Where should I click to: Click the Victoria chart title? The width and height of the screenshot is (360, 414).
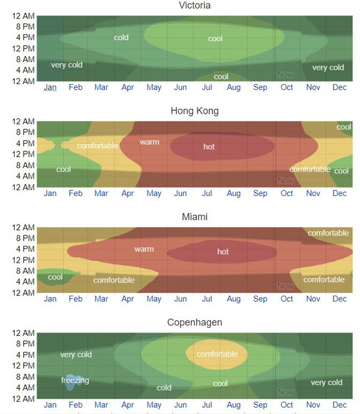(x=194, y=5)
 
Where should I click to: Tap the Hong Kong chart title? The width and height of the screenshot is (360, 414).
(x=194, y=111)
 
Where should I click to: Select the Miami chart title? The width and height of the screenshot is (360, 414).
(x=194, y=217)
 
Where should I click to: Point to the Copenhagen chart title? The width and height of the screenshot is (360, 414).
(x=194, y=322)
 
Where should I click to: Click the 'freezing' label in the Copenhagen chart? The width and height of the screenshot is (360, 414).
(x=75, y=380)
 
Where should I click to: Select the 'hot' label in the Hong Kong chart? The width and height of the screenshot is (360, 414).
(x=208, y=147)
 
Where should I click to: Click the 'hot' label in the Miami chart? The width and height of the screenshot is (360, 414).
(x=223, y=252)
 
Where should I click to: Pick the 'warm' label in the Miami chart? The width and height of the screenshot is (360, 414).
(x=144, y=249)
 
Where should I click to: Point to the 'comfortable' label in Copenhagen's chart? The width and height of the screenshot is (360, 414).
(x=217, y=354)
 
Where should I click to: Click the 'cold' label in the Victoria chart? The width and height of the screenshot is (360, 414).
(x=121, y=38)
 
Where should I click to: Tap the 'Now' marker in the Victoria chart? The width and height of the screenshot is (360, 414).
(x=285, y=74)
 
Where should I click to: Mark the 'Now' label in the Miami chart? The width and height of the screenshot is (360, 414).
(x=285, y=286)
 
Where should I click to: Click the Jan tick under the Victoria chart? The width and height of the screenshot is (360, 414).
(x=50, y=87)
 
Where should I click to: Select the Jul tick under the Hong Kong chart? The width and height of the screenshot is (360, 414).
(x=207, y=193)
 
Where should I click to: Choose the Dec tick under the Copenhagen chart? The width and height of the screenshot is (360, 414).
(x=339, y=404)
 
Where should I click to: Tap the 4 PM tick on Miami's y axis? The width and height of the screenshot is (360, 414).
(x=25, y=248)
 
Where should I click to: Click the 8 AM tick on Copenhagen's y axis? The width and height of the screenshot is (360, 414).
(x=25, y=376)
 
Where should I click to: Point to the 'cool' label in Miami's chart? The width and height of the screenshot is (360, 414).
(x=55, y=277)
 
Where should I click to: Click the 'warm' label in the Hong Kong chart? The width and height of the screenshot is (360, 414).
(x=150, y=142)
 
